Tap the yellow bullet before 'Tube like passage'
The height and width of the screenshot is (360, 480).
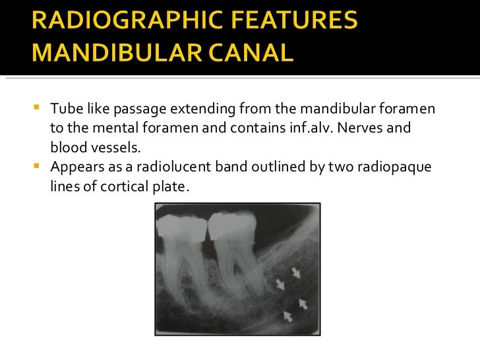[36, 107]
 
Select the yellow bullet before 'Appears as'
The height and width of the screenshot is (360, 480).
[36, 165]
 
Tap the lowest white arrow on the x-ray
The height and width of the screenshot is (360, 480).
[287, 316]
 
